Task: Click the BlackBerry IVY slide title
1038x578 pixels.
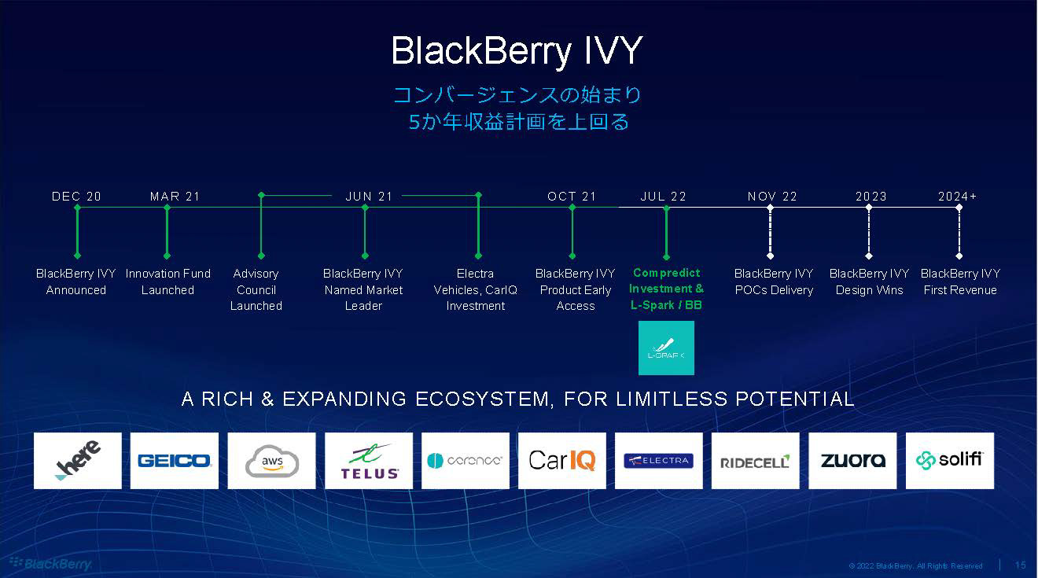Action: tap(517, 51)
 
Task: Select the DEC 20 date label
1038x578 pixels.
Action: tap(76, 197)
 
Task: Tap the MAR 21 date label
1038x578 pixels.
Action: tap(175, 197)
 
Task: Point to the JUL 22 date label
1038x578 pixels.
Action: tap(663, 197)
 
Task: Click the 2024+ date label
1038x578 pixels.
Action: tap(957, 197)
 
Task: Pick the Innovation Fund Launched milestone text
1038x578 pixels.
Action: tap(167, 282)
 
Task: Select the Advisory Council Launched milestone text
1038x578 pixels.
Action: tap(256, 289)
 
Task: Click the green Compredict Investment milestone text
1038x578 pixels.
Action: tap(666, 289)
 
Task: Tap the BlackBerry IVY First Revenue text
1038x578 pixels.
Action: tap(960, 282)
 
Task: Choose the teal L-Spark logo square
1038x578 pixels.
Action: tap(666, 348)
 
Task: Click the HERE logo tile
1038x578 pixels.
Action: tap(77, 461)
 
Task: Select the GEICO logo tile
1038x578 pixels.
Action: tap(174, 461)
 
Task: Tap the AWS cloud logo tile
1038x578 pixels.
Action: tap(271, 461)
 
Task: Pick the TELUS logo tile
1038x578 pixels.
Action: tap(369, 461)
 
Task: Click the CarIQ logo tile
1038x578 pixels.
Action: tap(561, 461)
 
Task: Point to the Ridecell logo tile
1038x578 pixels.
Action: tap(755, 461)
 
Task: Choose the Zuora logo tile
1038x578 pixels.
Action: tap(852, 461)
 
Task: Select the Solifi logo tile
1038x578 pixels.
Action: tap(949, 461)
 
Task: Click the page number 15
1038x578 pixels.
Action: tap(1021, 565)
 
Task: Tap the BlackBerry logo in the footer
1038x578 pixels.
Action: tap(50, 563)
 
